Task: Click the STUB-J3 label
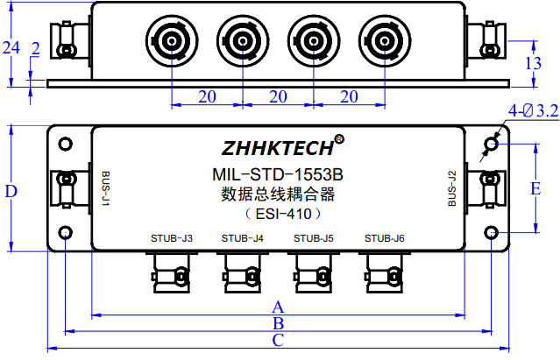[x=171, y=237]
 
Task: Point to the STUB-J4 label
[x=242, y=237]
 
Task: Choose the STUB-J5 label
[x=313, y=237]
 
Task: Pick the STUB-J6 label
[x=384, y=237]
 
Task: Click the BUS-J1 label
[x=105, y=187]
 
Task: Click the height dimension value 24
[x=10, y=48]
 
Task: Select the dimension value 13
[x=533, y=62]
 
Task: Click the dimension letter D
[x=11, y=191]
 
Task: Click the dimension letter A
[x=279, y=307]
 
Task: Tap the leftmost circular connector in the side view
[x=171, y=40]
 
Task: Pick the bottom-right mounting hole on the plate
[x=492, y=233]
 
